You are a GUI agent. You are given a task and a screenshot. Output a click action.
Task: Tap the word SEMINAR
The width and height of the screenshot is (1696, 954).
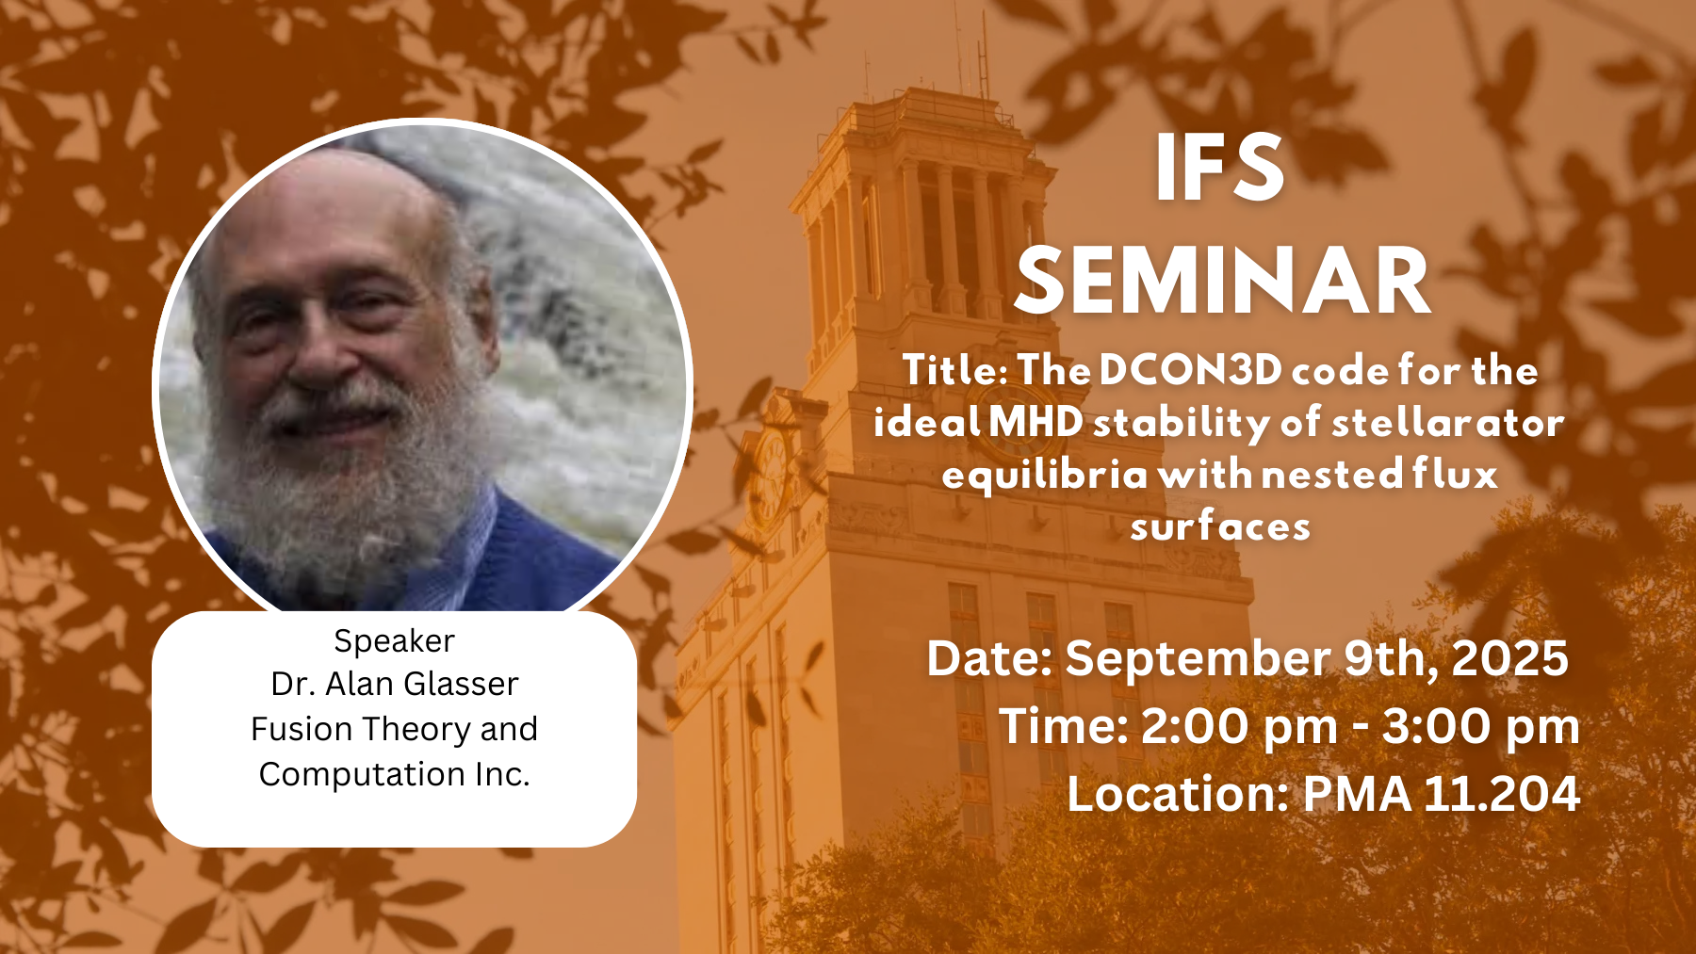click(x=1222, y=281)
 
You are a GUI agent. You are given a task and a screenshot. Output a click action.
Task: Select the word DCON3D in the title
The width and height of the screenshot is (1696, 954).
click(x=1190, y=369)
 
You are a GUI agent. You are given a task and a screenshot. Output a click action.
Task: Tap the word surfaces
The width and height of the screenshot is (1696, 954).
click(x=1220, y=526)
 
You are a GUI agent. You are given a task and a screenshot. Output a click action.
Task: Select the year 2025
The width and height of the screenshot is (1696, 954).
click(x=1509, y=657)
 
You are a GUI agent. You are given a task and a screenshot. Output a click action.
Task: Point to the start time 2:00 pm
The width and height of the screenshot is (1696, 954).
click(x=1239, y=726)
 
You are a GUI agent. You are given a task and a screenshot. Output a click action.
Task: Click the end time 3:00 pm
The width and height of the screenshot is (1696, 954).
click(x=1480, y=726)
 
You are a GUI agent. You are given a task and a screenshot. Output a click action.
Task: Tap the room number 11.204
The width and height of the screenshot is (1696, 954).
click(x=1502, y=793)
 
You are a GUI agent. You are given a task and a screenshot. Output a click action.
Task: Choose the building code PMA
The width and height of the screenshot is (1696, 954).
click(x=1357, y=793)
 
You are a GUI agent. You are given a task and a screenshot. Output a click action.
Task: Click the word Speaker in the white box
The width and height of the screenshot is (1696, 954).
click(x=394, y=641)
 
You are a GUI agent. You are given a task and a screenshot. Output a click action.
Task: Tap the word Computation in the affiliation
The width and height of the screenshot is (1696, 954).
click(x=362, y=774)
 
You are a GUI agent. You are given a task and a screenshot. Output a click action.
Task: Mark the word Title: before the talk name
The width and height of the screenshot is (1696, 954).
click(x=954, y=369)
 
